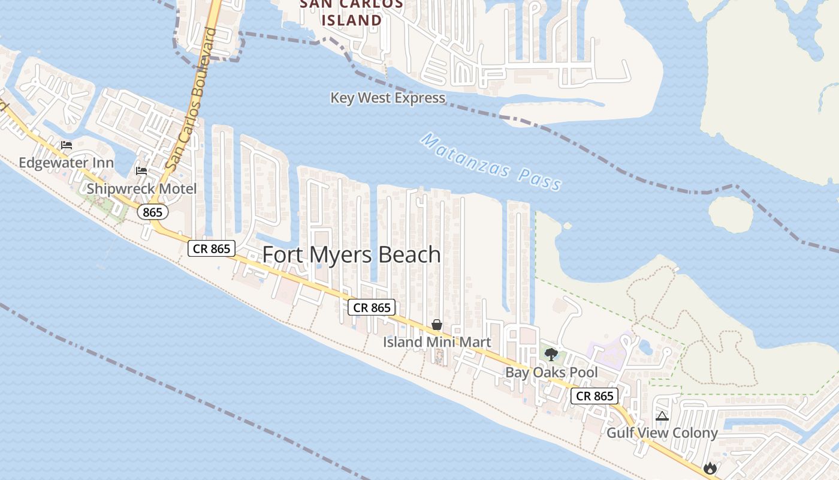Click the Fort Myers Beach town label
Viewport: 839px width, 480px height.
pyautogui.click(x=352, y=254)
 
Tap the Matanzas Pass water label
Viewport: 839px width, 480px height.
pyautogui.click(x=491, y=162)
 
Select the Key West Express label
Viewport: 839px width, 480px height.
pyautogui.click(x=388, y=98)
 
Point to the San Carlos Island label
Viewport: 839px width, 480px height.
pyautogui.click(x=351, y=12)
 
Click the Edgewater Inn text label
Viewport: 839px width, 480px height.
pyautogui.click(x=66, y=163)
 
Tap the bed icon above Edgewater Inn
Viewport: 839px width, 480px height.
pyautogui.click(x=67, y=145)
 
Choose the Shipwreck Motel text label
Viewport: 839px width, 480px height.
pyautogui.click(x=141, y=188)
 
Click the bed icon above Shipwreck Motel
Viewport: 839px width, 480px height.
pyautogui.click(x=141, y=171)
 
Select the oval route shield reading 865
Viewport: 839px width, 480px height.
pyautogui.click(x=153, y=212)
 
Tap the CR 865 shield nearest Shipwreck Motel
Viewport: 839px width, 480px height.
pyautogui.click(x=212, y=248)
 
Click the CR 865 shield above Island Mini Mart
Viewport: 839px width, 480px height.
pyautogui.click(x=372, y=307)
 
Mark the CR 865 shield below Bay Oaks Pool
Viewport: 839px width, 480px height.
pyautogui.click(x=594, y=396)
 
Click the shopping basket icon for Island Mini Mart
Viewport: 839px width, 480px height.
pyautogui.click(x=437, y=325)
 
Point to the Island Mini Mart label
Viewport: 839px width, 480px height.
pyautogui.click(x=437, y=342)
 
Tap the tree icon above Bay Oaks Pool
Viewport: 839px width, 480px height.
pyautogui.click(x=551, y=354)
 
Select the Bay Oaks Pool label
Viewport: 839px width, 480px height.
pyautogui.click(x=551, y=372)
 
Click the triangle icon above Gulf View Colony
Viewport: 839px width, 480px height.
pyautogui.click(x=662, y=416)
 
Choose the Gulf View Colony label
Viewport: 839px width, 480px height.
pyautogui.click(x=662, y=433)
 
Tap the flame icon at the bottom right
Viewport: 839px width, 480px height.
pyautogui.click(x=710, y=467)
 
